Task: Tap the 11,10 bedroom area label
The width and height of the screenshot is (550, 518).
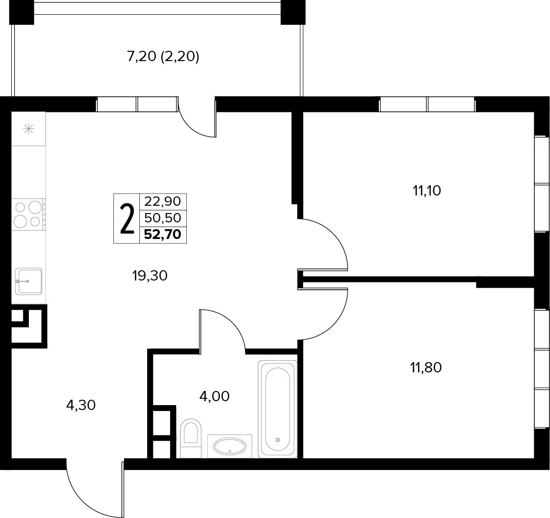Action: click(426, 191)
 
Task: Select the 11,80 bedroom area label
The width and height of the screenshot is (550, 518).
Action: click(426, 367)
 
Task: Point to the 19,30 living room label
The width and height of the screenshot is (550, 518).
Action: click(150, 276)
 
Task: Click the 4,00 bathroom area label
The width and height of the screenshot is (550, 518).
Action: click(214, 396)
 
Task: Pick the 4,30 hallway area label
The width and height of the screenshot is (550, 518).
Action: click(81, 405)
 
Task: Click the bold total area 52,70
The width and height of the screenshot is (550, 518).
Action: click(163, 234)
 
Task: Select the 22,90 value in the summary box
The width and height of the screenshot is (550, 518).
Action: click(163, 201)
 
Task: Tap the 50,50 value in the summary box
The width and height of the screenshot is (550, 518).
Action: click(163, 218)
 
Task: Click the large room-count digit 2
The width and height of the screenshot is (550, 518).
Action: click(127, 219)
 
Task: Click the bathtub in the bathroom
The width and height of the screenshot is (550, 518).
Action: click(278, 409)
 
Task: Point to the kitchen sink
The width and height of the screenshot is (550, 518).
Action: click(29, 281)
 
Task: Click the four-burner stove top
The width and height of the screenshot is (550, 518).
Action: click(28, 214)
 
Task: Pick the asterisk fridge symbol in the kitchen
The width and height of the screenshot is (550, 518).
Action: click(28, 129)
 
